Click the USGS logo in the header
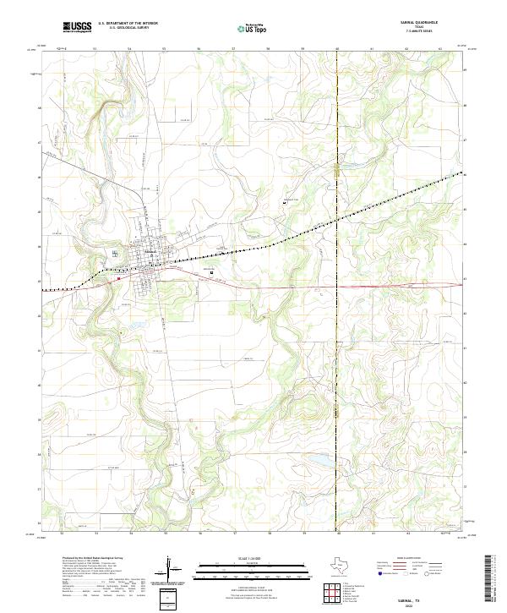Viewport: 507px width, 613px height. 77,27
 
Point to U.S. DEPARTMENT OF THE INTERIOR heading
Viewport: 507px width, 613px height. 128,24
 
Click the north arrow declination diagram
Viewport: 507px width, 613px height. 169,569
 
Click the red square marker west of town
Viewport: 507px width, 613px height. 120,276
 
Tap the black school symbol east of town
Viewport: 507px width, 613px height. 211,272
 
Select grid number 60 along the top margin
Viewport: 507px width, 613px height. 337,49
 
